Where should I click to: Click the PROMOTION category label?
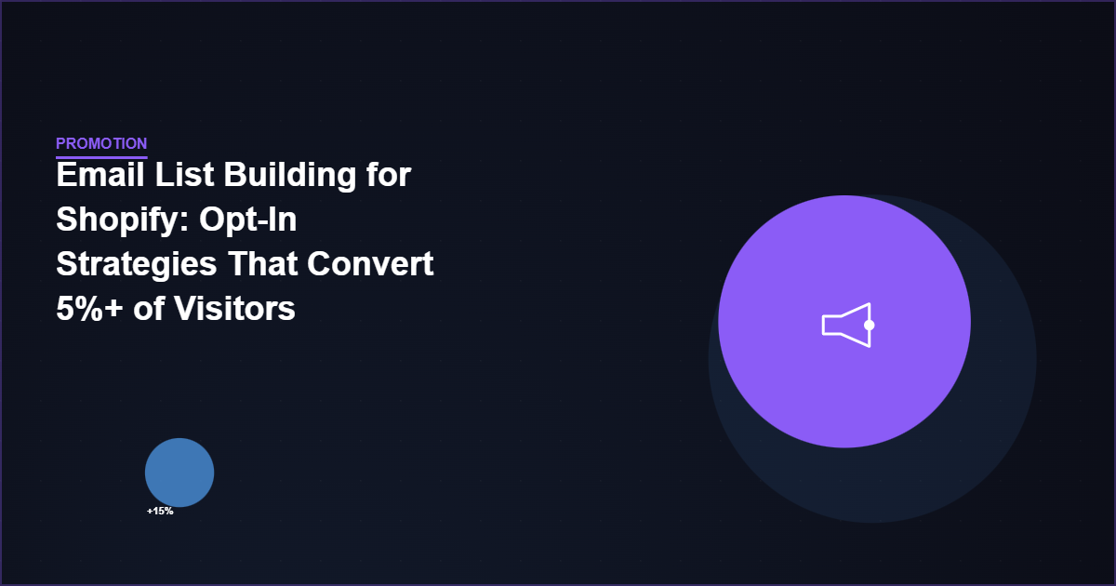(101, 143)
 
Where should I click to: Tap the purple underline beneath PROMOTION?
(101, 157)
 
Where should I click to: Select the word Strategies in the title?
(130, 264)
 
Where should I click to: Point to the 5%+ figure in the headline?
(89, 309)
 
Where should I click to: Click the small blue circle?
(179, 473)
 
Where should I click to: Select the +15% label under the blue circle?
(160, 511)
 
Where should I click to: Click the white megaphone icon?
(847, 325)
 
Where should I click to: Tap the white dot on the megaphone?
(869, 325)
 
